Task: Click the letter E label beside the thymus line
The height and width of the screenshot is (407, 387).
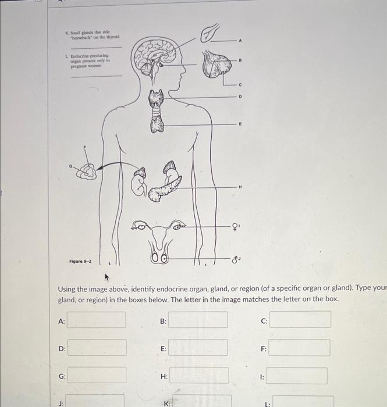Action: coord(238,124)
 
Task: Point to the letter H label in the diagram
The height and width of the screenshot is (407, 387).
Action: coord(239,187)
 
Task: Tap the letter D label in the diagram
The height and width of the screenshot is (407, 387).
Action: coord(238,96)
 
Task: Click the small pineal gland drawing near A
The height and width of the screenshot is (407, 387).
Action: coord(209,34)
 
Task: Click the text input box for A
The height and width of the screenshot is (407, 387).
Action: coord(97,320)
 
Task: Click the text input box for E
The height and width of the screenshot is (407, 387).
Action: coord(198,348)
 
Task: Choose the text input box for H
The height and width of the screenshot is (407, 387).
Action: coord(199,376)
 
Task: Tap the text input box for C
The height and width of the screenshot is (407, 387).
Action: coord(300,320)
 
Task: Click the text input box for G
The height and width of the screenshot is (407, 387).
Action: coord(97,375)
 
